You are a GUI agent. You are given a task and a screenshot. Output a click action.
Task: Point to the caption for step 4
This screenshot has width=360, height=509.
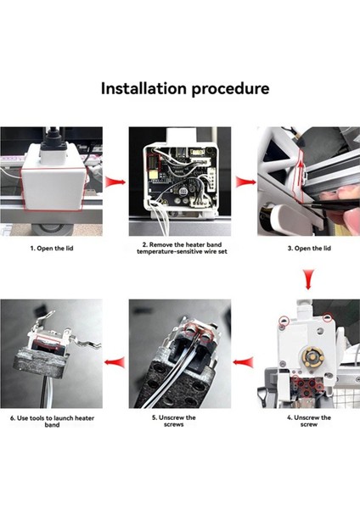pyautogui.click(x=308, y=421)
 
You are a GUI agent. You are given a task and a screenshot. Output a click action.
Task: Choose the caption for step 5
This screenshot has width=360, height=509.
pyautogui.click(x=180, y=421)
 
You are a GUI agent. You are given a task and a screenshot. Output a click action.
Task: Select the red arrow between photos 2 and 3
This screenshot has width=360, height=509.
pyautogui.click(x=246, y=181)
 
